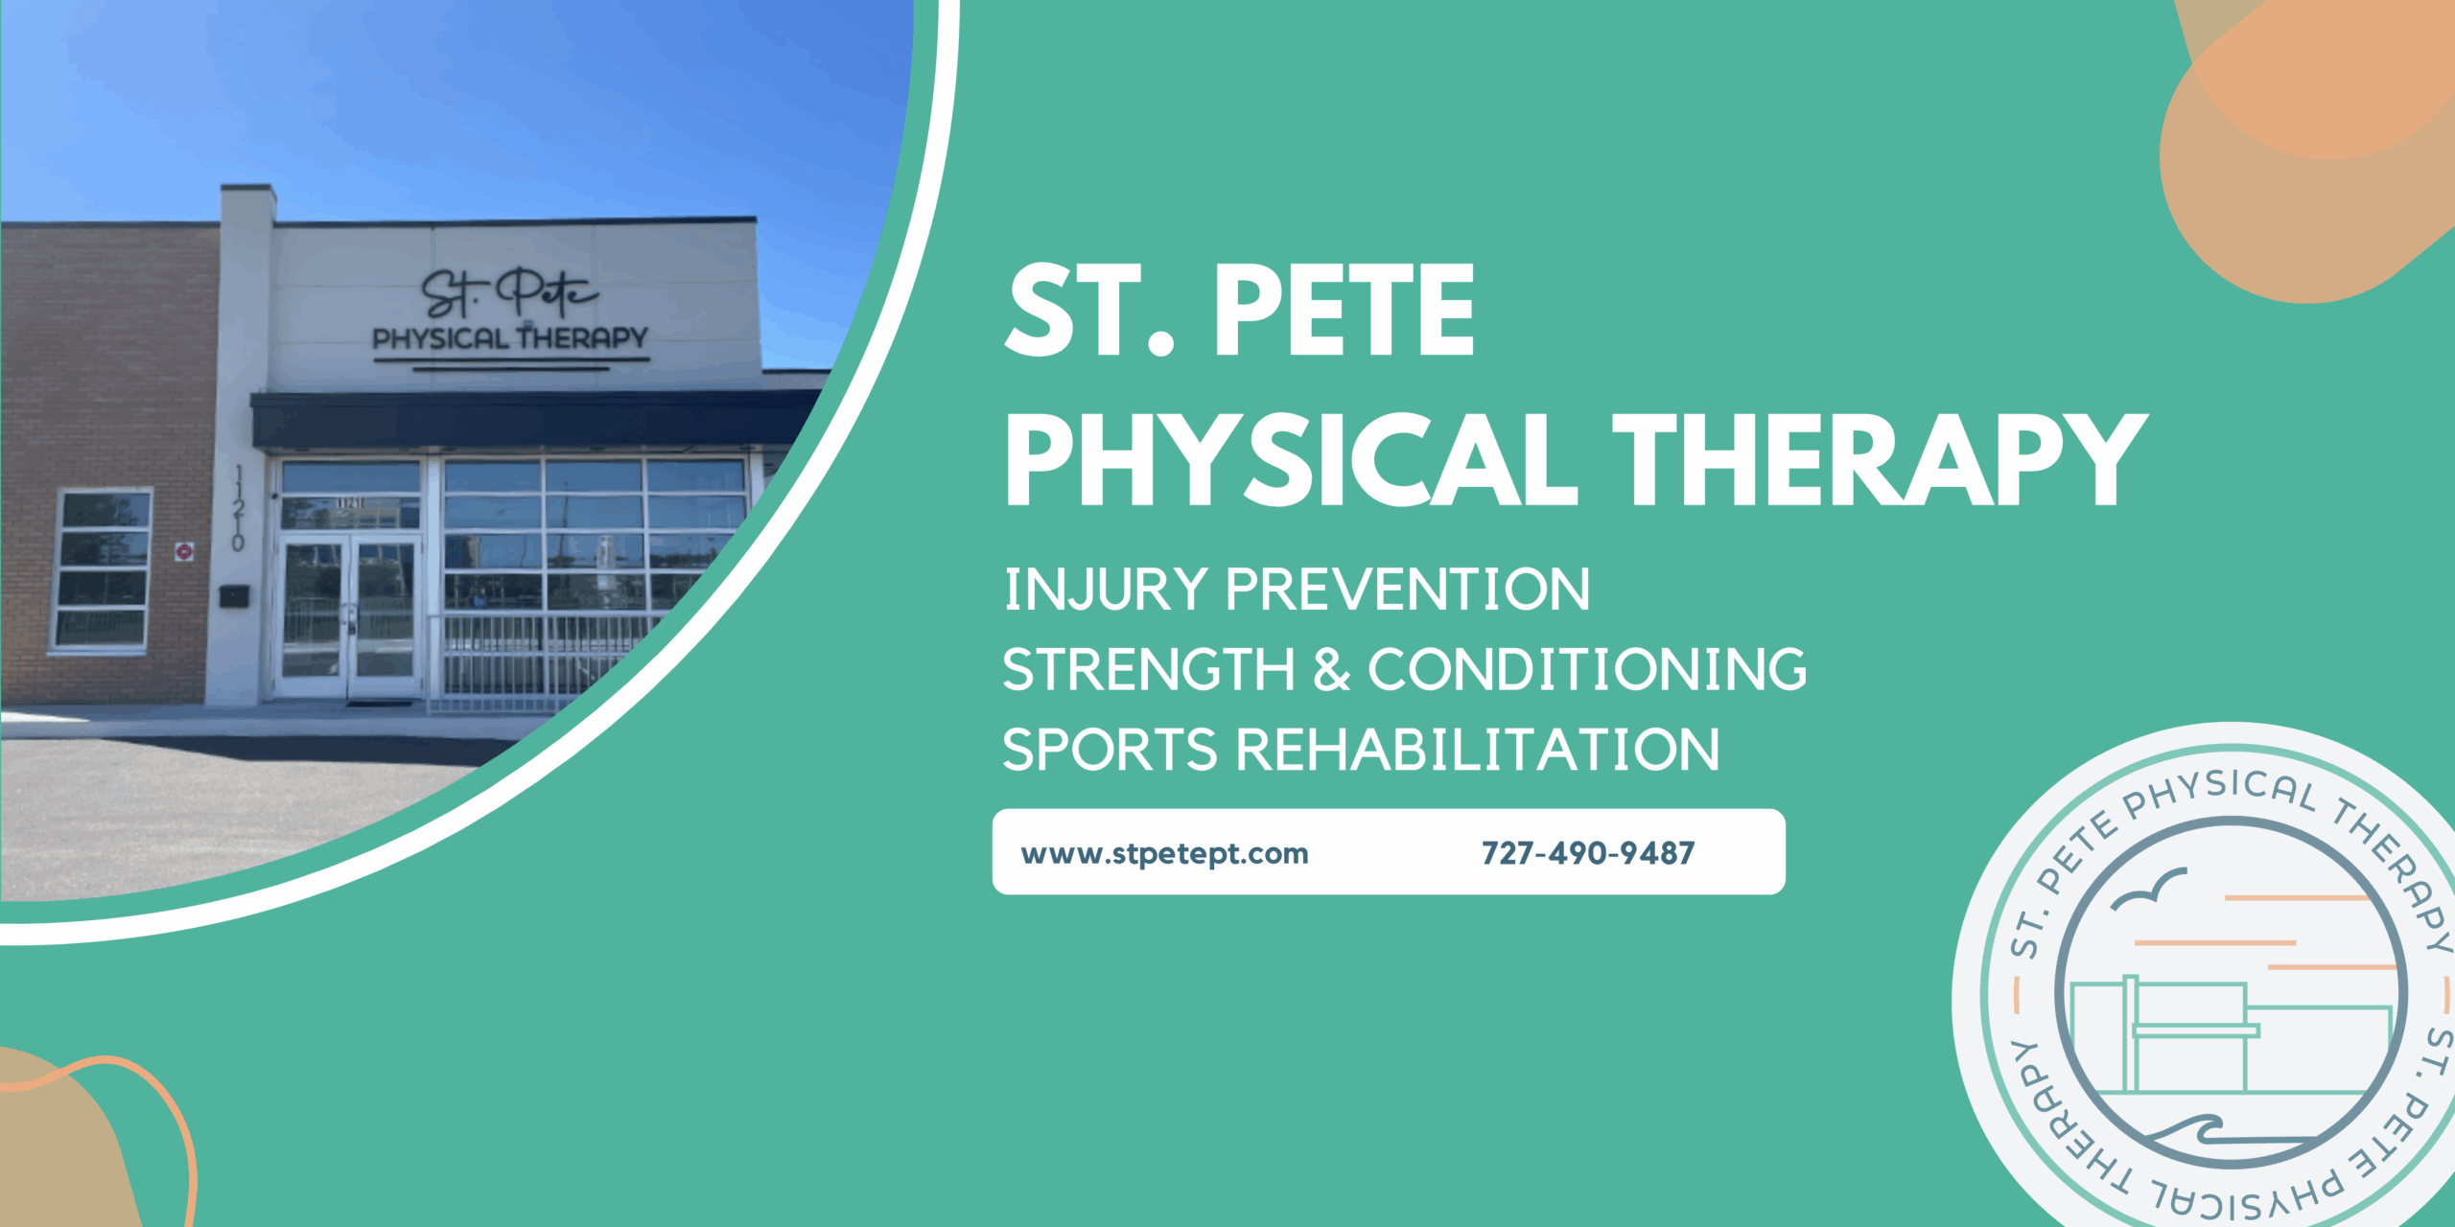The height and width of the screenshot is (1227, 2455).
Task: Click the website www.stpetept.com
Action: (x=1164, y=853)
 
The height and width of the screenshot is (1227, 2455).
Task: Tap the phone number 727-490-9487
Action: (x=1587, y=853)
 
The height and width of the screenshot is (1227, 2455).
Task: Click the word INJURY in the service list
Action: (x=1105, y=589)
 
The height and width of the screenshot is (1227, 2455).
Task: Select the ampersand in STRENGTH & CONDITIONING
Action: (x=1331, y=669)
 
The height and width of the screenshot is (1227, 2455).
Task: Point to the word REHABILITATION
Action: (x=1477, y=750)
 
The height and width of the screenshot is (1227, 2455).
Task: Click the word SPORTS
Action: (x=1110, y=750)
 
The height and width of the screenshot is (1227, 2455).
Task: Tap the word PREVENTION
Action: (x=1407, y=589)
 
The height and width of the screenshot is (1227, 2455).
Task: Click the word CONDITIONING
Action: (x=1587, y=669)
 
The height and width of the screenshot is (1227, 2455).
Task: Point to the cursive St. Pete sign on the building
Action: (x=509, y=292)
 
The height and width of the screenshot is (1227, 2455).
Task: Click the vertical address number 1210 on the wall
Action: (x=238, y=508)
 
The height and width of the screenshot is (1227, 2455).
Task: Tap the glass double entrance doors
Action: (x=348, y=613)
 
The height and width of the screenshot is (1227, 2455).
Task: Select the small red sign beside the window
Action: (x=184, y=550)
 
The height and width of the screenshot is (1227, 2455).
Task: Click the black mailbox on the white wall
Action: (x=234, y=596)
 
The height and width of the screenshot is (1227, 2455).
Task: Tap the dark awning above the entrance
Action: (x=527, y=419)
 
